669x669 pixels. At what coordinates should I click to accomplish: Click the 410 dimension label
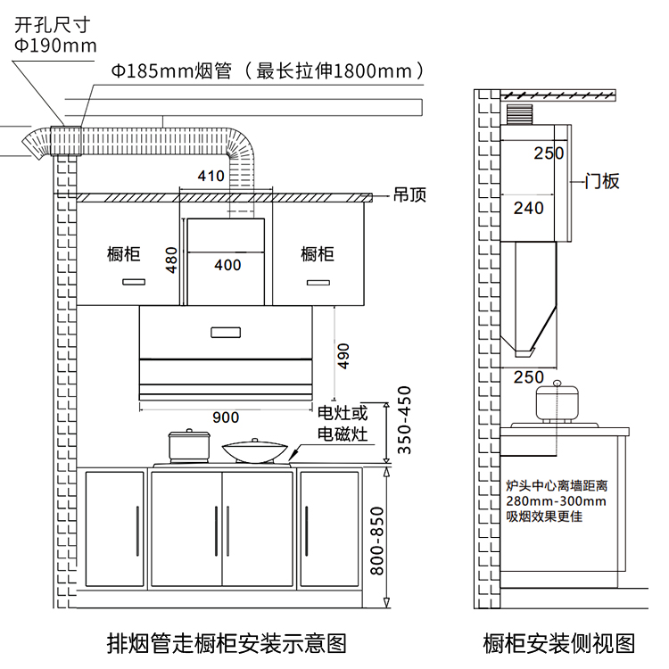pyautogui.click(x=211, y=176)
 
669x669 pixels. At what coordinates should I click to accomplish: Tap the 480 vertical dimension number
pyautogui.click(x=171, y=260)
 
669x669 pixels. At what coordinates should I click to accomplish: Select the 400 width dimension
pyautogui.click(x=227, y=265)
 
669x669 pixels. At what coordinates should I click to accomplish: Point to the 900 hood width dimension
pyautogui.click(x=226, y=417)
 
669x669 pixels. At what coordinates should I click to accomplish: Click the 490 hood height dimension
pyautogui.click(x=343, y=356)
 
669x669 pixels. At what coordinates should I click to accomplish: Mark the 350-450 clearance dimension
pyautogui.click(x=404, y=420)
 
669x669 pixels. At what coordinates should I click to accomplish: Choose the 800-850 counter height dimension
pyautogui.click(x=377, y=541)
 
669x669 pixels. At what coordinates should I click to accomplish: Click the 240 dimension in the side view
pyautogui.click(x=528, y=208)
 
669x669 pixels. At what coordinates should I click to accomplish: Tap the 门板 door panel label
pyautogui.click(x=601, y=181)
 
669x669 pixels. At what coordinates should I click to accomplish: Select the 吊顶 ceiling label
pyautogui.click(x=409, y=195)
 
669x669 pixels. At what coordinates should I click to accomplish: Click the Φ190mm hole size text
pyautogui.click(x=55, y=45)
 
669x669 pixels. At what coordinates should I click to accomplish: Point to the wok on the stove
pyautogui.click(x=255, y=450)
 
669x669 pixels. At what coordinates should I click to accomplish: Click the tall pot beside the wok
pyautogui.click(x=189, y=445)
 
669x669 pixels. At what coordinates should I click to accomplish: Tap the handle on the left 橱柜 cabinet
pyautogui.click(x=134, y=282)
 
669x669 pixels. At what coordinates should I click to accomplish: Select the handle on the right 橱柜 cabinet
pyautogui.click(x=318, y=283)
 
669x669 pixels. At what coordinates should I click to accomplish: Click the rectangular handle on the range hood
pyautogui.click(x=226, y=333)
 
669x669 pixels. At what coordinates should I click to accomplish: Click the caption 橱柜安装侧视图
pyautogui.click(x=559, y=643)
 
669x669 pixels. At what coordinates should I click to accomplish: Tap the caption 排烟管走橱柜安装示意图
pyautogui.click(x=227, y=643)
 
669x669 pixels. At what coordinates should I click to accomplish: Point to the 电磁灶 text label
pyautogui.click(x=343, y=434)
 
